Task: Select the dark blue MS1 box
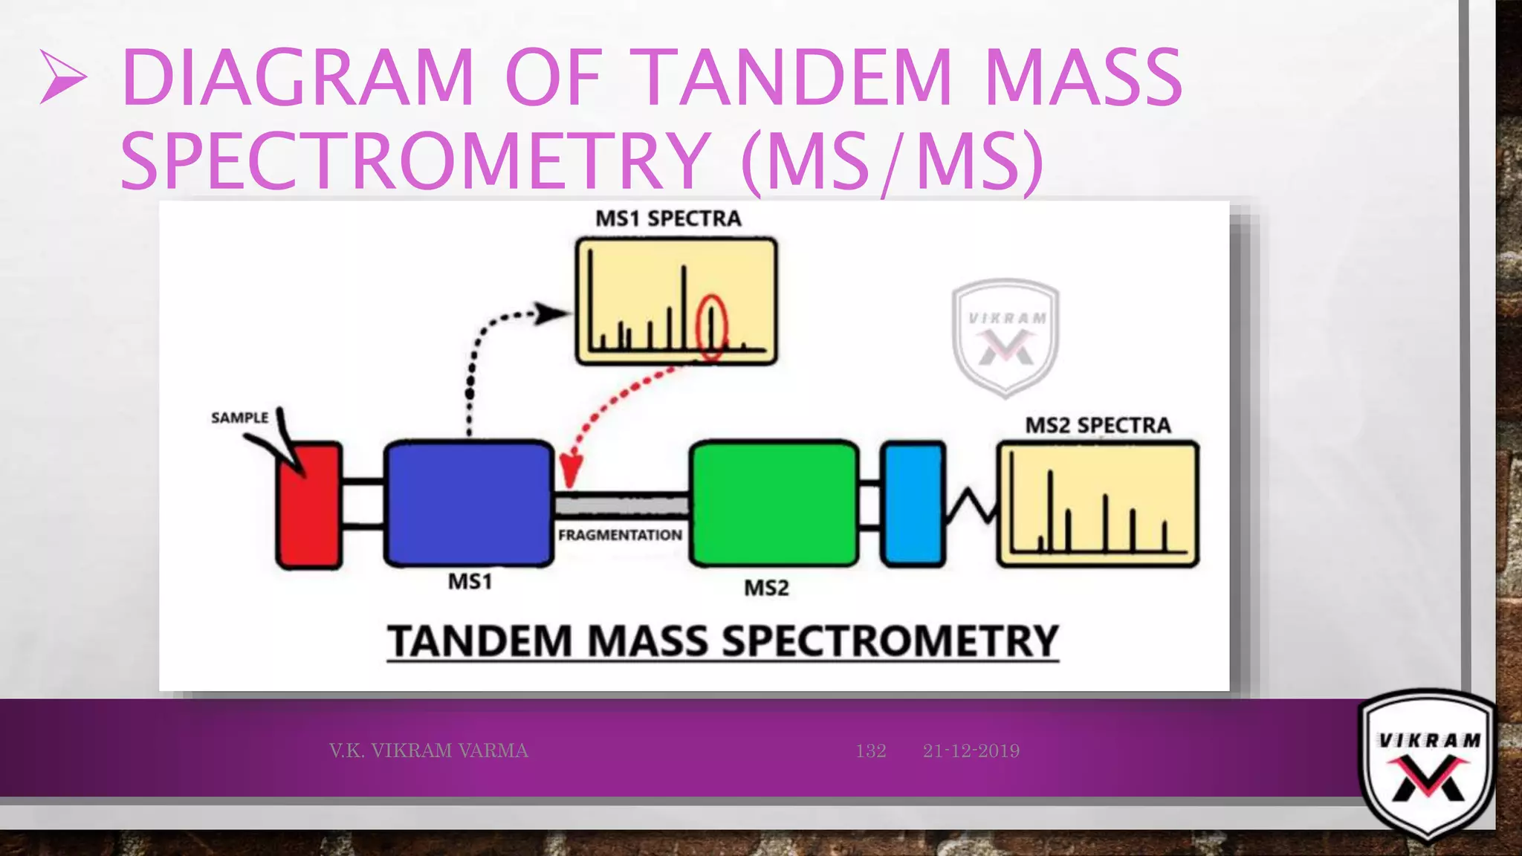tap(469, 504)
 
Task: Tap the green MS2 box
tap(774, 504)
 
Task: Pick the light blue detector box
tap(913, 504)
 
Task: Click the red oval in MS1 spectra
tap(711, 327)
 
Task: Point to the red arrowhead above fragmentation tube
tap(571, 471)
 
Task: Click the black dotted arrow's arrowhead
tap(551, 314)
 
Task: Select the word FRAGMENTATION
tap(620, 535)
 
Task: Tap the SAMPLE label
tap(239, 418)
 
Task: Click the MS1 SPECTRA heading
tap(668, 218)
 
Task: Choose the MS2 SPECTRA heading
tap(1098, 425)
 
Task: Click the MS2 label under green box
tap(766, 588)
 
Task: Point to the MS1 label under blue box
tap(470, 581)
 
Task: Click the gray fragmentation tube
tap(621, 505)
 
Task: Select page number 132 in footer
tap(870, 750)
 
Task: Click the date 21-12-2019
tap(971, 750)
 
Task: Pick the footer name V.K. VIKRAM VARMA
tap(428, 750)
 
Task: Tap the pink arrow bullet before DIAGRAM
tap(63, 77)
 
